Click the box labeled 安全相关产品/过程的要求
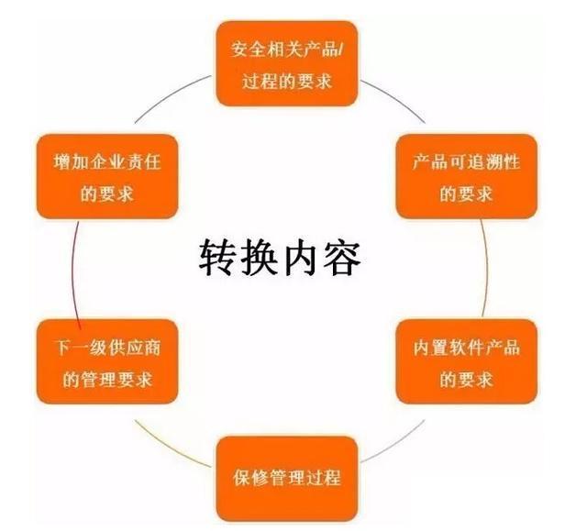click(x=287, y=63)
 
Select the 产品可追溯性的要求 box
click(x=467, y=176)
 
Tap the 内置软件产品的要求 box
click(x=467, y=362)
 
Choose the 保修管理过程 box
click(x=287, y=479)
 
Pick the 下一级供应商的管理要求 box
click(x=107, y=362)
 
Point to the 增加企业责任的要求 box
click(x=107, y=176)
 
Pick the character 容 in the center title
click(x=341, y=259)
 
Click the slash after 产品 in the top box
click(x=340, y=50)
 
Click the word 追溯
click(x=484, y=162)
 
